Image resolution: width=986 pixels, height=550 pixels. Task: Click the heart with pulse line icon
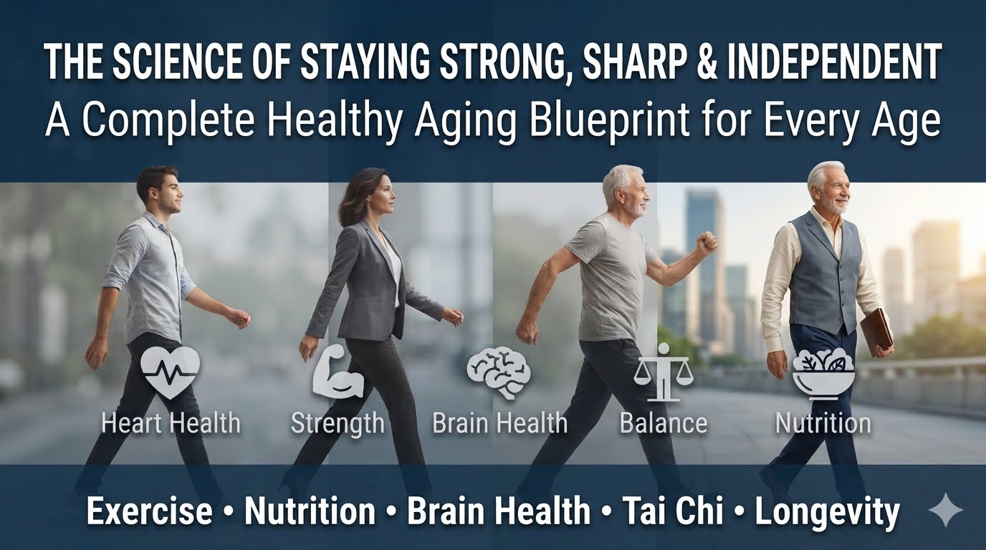click(x=171, y=372)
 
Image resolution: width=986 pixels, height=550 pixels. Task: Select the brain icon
click(x=499, y=372)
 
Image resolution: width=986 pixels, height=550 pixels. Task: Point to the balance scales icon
click(x=664, y=372)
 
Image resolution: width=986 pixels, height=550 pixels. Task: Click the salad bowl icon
click(x=823, y=375)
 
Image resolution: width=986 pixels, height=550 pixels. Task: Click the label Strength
click(x=338, y=423)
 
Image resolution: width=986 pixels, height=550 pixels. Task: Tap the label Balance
click(x=664, y=423)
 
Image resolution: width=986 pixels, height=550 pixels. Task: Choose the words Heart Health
click(x=171, y=423)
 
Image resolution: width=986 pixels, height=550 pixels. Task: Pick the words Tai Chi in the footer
click(x=673, y=511)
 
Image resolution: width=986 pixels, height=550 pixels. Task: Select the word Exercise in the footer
click(x=150, y=511)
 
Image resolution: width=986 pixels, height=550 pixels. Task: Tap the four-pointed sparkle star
click(x=945, y=510)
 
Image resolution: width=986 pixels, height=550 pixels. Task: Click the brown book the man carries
click(x=876, y=330)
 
